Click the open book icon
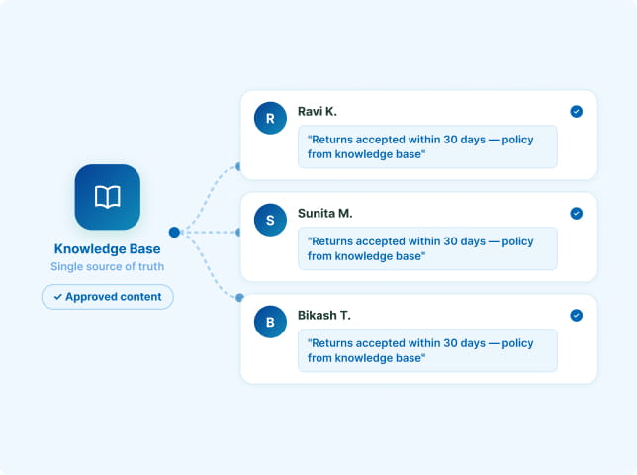tap(107, 197)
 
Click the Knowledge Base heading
tap(107, 249)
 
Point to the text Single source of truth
tap(107, 266)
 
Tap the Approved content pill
tap(107, 297)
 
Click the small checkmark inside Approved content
tap(58, 297)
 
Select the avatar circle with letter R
tap(270, 118)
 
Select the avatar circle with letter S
tap(270, 220)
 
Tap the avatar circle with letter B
tap(270, 322)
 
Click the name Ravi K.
tap(318, 112)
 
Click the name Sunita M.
tap(325, 214)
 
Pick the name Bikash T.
tap(324, 316)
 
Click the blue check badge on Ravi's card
tap(576, 112)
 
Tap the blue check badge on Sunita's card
tap(576, 214)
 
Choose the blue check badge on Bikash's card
tap(576, 316)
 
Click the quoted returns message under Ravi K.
tap(420, 146)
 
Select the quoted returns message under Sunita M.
tap(420, 248)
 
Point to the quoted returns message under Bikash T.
tap(420, 350)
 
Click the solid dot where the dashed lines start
tap(174, 232)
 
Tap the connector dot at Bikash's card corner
tap(239, 298)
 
